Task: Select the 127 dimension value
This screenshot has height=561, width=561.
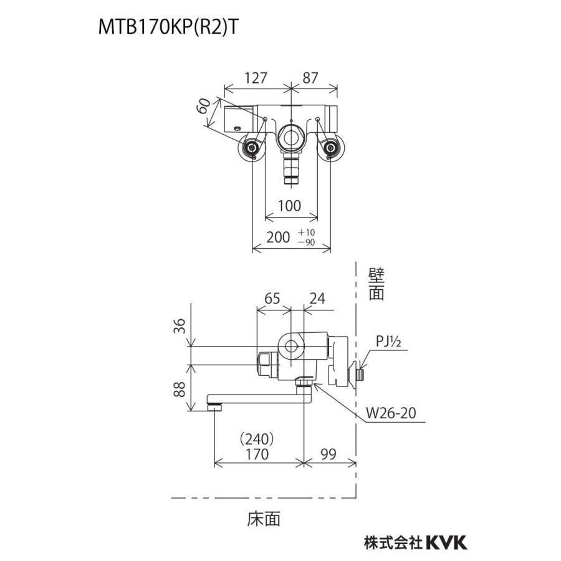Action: pyautogui.click(x=255, y=79)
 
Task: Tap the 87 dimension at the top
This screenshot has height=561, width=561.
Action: pyautogui.click(x=310, y=79)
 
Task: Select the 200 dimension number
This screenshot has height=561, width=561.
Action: pyautogui.click(x=279, y=237)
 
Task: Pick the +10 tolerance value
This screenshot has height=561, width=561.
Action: pyautogui.click(x=307, y=232)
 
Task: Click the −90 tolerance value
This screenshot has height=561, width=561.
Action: pyautogui.click(x=307, y=242)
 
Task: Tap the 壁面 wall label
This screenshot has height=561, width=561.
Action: pyautogui.click(x=376, y=284)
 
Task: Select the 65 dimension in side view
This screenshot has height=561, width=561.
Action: pyautogui.click(x=272, y=299)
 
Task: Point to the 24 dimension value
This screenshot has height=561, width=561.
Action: pyautogui.click(x=319, y=299)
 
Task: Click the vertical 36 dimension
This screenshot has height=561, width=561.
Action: pyautogui.click(x=180, y=325)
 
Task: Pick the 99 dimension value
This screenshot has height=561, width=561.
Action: pyautogui.click(x=330, y=454)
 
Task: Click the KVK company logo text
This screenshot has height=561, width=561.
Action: pyautogui.click(x=446, y=542)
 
